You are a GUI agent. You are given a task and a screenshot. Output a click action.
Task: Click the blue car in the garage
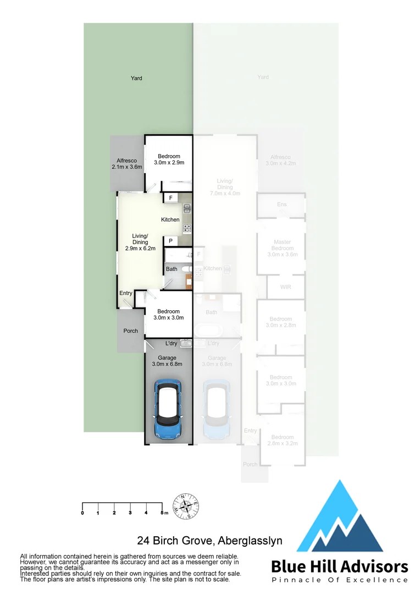(x=168, y=409)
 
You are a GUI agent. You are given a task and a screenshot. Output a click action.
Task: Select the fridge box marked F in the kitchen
(x=170, y=198)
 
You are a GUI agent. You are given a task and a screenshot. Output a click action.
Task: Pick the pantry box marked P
(x=170, y=241)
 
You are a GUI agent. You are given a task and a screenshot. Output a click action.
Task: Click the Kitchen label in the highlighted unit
(x=170, y=220)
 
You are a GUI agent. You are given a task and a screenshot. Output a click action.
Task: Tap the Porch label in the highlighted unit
(x=130, y=331)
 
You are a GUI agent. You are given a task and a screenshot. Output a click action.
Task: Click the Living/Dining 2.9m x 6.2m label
(x=140, y=242)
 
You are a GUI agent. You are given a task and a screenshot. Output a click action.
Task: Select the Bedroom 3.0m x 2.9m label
(x=168, y=159)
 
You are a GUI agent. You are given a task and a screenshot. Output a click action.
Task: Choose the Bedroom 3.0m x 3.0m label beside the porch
(x=168, y=314)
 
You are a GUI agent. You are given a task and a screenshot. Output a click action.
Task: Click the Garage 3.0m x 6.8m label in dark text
(x=168, y=361)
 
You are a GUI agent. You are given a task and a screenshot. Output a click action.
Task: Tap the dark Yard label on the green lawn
(x=136, y=78)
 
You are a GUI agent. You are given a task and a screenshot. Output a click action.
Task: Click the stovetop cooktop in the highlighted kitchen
(x=187, y=228)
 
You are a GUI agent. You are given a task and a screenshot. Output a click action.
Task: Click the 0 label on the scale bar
(x=82, y=513)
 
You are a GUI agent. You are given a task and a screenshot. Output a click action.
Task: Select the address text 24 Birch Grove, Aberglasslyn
(x=209, y=541)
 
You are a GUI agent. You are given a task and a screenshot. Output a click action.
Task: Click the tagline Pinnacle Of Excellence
(x=340, y=580)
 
